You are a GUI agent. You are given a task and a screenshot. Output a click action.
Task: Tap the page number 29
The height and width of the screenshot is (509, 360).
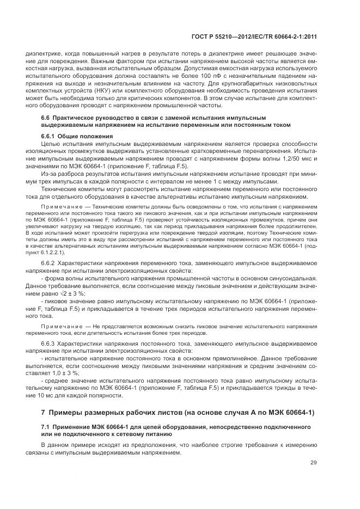[x=314, y=463]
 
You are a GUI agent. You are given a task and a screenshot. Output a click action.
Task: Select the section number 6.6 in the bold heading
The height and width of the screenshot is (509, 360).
[x=46, y=118]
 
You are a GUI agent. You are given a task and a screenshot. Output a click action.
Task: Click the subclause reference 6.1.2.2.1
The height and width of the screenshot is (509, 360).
[x=51, y=253]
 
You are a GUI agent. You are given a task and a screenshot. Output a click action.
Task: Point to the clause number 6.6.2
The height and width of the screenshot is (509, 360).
[x=48, y=263]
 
